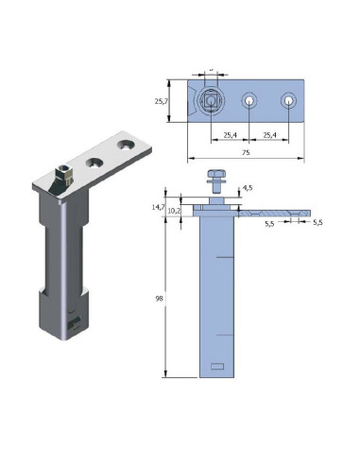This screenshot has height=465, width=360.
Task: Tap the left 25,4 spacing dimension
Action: pyautogui.click(x=229, y=135)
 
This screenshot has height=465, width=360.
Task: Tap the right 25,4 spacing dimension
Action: pyautogui.click(x=269, y=135)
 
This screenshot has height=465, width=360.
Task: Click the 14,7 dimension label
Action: pyautogui.click(x=159, y=205)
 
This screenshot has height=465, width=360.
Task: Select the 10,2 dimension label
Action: pyautogui.click(x=174, y=211)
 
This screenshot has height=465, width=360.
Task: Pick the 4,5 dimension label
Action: pyautogui.click(x=248, y=188)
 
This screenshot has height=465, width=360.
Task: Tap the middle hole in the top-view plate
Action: pyautogui.click(x=249, y=100)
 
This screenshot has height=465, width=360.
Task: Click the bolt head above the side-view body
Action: pyautogui.click(x=216, y=176)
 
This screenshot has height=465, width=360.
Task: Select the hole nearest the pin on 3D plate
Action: pyautogui.click(x=94, y=163)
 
